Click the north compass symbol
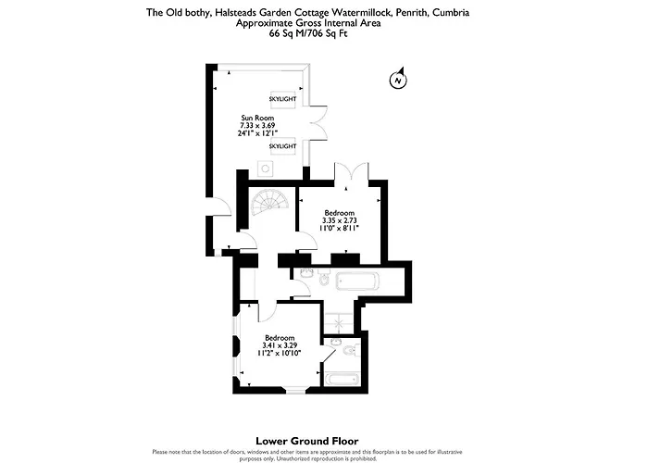pos(398,79)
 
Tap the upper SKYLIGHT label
pos(282,99)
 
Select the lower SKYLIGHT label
pos(282,146)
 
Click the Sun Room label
pos(257,118)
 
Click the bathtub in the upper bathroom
pos(357,282)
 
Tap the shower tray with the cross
pos(339,323)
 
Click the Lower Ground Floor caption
pos(307,441)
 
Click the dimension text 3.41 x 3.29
pos(280,345)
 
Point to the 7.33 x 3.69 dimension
pos(257,125)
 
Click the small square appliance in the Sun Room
pos(266,169)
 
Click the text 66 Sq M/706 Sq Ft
pos(308,34)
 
